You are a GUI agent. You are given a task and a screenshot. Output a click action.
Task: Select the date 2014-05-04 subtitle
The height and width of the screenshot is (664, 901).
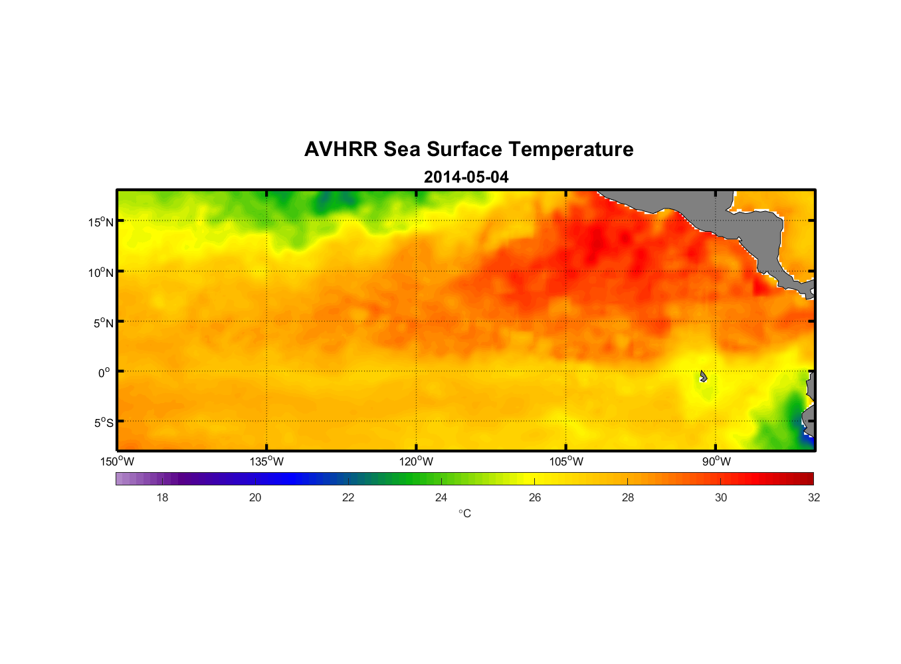(x=466, y=177)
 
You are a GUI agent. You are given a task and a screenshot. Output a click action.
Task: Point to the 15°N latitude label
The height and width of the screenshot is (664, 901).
(x=100, y=222)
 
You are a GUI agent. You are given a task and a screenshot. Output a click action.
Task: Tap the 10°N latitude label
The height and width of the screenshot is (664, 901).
(x=100, y=272)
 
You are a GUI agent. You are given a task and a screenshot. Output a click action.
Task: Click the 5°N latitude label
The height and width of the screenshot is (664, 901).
(x=103, y=323)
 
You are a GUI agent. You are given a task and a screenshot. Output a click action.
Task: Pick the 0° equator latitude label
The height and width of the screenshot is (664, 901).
(x=104, y=373)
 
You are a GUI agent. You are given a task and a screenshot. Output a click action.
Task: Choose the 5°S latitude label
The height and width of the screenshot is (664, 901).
(x=103, y=423)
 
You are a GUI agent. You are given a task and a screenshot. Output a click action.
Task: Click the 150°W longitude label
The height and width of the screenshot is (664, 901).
(x=118, y=461)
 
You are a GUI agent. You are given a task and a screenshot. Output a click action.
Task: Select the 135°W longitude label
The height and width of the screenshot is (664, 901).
(x=266, y=461)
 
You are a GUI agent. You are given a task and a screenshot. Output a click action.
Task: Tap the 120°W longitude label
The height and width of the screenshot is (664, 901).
(x=416, y=461)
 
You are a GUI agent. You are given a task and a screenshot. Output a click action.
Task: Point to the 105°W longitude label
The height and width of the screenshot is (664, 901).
(x=566, y=461)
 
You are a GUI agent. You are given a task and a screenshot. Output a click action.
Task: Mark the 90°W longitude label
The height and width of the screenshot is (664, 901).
(x=716, y=461)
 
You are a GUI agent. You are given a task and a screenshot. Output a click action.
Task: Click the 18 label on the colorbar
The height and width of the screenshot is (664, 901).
(x=162, y=497)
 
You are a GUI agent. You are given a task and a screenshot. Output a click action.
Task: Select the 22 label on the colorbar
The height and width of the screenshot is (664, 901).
(x=348, y=497)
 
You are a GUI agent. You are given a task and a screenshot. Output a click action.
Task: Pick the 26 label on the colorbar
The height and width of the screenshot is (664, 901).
(x=535, y=497)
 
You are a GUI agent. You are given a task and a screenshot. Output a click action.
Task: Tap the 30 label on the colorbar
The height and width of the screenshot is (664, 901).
(x=721, y=497)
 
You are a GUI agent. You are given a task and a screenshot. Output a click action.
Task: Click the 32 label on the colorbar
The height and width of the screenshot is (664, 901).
(x=814, y=497)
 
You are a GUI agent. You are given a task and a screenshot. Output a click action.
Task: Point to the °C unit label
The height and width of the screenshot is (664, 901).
(x=464, y=513)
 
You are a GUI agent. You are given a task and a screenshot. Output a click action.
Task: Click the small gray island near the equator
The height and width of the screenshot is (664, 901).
(x=703, y=376)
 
